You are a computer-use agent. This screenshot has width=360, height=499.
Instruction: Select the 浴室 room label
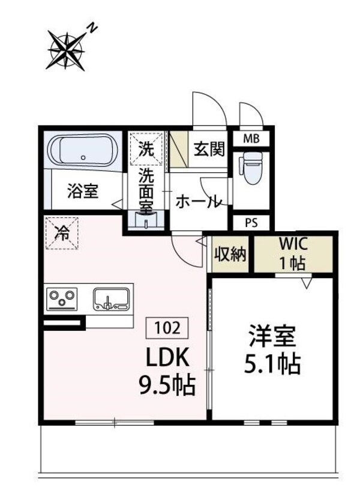82,192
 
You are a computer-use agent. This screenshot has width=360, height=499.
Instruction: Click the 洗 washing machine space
146,148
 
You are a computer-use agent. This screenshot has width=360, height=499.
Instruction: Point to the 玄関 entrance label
209,148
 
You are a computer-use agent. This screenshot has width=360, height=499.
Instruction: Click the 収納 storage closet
231,255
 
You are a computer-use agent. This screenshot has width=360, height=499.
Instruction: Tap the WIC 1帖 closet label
293,255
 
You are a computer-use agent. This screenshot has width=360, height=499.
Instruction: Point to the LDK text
169,359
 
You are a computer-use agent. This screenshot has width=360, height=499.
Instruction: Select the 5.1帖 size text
273,364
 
